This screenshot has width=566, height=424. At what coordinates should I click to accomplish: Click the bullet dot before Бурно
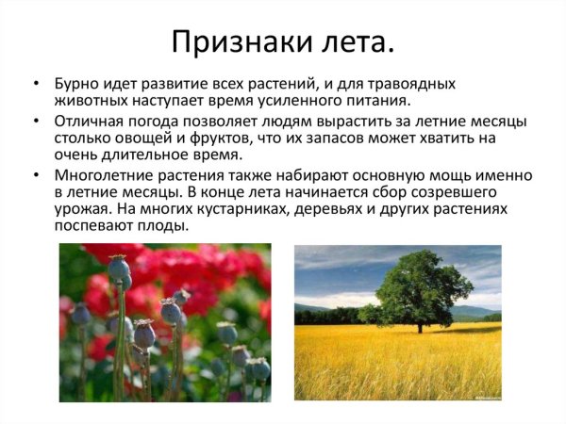[x=36, y=84]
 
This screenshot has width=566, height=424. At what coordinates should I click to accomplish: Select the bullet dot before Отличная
[x=36, y=122]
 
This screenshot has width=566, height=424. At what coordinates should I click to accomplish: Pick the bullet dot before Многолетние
[x=36, y=176]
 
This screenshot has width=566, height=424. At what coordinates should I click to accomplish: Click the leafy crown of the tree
[x=416, y=284]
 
